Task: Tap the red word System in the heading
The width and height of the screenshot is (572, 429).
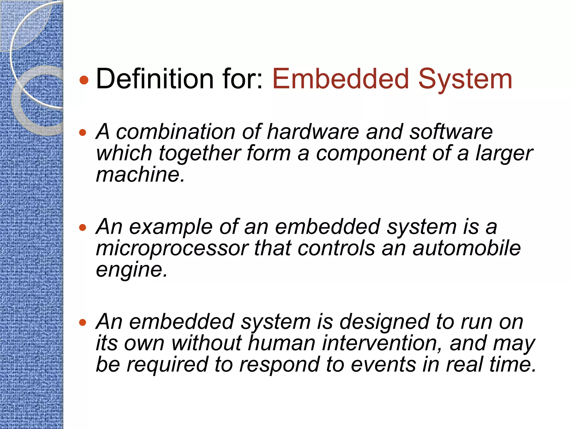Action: point(465,80)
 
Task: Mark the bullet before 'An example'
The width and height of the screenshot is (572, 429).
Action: point(83,228)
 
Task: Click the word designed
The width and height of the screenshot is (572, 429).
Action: point(384,322)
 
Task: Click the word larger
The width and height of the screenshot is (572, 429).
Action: point(504,154)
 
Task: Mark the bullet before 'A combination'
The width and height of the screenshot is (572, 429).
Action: point(83,132)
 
